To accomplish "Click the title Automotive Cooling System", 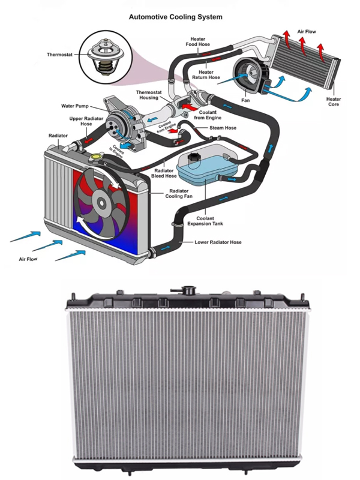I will (180, 17).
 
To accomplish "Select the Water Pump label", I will (75, 106).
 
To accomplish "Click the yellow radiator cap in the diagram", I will (94, 157).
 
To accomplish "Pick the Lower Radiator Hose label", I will (218, 242).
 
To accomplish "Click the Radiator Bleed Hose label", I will (163, 173).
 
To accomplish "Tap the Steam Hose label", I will (222, 127).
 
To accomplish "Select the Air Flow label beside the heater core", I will (307, 31).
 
